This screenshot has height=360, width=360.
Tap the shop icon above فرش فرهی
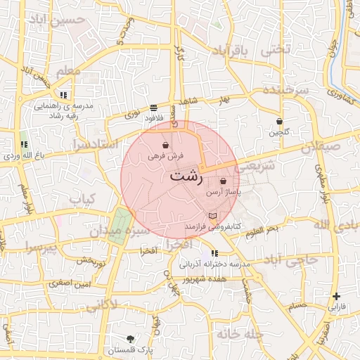pos(165,144)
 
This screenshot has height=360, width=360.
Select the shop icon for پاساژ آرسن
pos(224,181)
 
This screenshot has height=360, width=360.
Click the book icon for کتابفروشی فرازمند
pos(213,214)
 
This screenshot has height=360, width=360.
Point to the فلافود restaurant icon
pos(153,108)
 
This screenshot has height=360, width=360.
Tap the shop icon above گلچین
pos(279,121)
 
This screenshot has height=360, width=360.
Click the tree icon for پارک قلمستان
pos(131,339)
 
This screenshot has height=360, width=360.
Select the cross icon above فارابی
pos(337,296)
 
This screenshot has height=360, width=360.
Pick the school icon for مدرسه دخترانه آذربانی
pos(214,253)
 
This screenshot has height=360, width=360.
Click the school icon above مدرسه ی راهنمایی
pos(63,94)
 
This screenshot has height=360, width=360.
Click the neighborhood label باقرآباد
pos(231,51)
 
